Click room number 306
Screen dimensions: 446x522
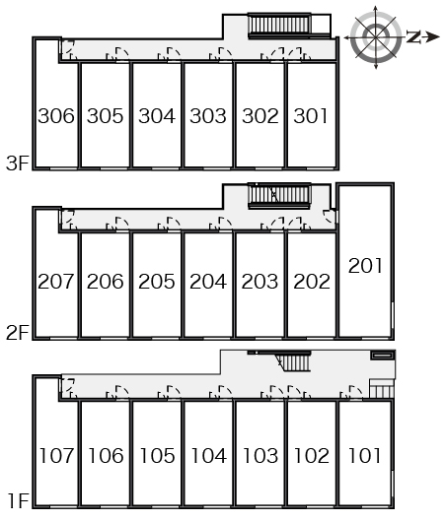point(56,116)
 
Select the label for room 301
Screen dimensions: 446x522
point(311,116)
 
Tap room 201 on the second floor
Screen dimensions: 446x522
point(365,266)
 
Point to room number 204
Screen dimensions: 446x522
point(208,282)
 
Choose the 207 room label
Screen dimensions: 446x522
point(55,282)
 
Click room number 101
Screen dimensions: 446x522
point(365,456)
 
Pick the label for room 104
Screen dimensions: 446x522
point(209,456)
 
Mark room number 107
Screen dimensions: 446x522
point(56,456)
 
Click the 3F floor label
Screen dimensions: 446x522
point(18,163)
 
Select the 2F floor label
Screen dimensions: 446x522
point(18,333)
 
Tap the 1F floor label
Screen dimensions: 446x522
point(19,501)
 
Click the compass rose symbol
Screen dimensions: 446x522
point(376,37)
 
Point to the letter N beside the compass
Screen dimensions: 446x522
point(413,37)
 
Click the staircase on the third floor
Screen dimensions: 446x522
point(279,26)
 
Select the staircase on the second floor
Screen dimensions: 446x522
point(279,195)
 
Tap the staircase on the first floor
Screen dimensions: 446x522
point(295,362)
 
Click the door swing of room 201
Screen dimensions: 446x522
point(330,217)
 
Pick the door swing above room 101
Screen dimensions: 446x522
point(352,392)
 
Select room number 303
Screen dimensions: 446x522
point(208,116)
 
